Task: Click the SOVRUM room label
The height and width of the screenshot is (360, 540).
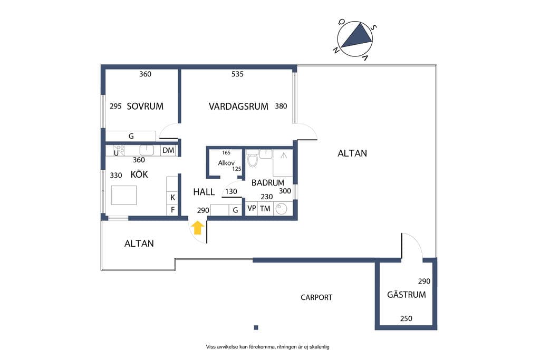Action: (145, 106)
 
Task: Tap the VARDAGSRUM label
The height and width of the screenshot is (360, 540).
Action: (238, 106)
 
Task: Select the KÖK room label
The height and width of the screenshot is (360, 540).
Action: (139, 174)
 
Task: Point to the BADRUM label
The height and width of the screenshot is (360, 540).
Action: (267, 183)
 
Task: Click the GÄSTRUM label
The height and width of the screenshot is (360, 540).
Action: (407, 295)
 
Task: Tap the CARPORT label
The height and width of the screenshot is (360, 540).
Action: (316, 297)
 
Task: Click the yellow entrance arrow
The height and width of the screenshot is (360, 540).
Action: (198, 228)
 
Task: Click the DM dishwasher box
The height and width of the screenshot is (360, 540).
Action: (168, 150)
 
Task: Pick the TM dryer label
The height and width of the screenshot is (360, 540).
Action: (265, 209)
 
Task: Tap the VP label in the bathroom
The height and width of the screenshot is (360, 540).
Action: (252, 209)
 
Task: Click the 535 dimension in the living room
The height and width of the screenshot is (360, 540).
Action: (237, 74)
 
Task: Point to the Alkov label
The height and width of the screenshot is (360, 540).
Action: (226, 163)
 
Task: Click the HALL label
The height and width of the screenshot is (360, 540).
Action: (204, 192)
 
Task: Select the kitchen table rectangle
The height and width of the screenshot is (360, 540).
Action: (124, 195)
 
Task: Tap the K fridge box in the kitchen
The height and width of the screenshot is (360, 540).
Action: (172, 198)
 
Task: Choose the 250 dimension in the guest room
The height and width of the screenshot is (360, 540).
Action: (406, 319)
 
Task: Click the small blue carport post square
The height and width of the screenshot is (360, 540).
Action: (256, 328)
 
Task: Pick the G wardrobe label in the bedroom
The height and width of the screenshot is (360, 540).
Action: (131, 137)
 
